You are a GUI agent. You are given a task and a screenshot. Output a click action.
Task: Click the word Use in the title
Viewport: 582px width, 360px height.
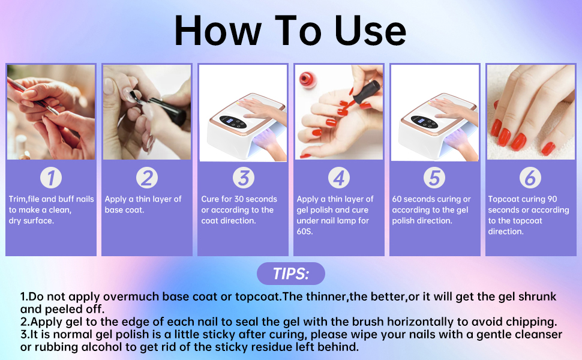click(x=370, y=31)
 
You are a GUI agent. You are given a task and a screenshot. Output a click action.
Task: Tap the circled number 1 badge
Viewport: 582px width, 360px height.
click(x=51, y=178)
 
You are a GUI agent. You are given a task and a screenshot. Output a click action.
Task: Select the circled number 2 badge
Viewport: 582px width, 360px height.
click(x=147, y=178)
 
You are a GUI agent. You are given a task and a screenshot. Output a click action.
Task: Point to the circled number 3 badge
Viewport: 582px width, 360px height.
click(x=244, y=178)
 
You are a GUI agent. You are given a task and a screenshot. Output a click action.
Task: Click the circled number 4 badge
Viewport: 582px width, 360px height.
click(x=339, y=178)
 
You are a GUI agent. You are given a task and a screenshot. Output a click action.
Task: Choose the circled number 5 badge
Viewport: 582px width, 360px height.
click(x=434, y=178)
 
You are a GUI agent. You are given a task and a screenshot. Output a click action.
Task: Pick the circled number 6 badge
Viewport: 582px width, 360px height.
click(x=530, y=178)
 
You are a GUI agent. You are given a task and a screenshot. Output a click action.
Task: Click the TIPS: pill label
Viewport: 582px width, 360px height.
click(x=291, y=274)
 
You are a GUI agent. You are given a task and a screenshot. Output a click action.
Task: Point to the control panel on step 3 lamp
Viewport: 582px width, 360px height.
click(x=233, y=122)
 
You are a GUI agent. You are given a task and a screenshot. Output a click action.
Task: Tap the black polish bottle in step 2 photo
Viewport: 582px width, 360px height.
click(x=168, y=110)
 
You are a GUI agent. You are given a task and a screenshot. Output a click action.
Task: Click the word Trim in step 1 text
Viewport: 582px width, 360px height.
click(x=17, y=199)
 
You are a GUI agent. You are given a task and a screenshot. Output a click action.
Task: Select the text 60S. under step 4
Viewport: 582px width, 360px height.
click(x=305, y=231)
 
